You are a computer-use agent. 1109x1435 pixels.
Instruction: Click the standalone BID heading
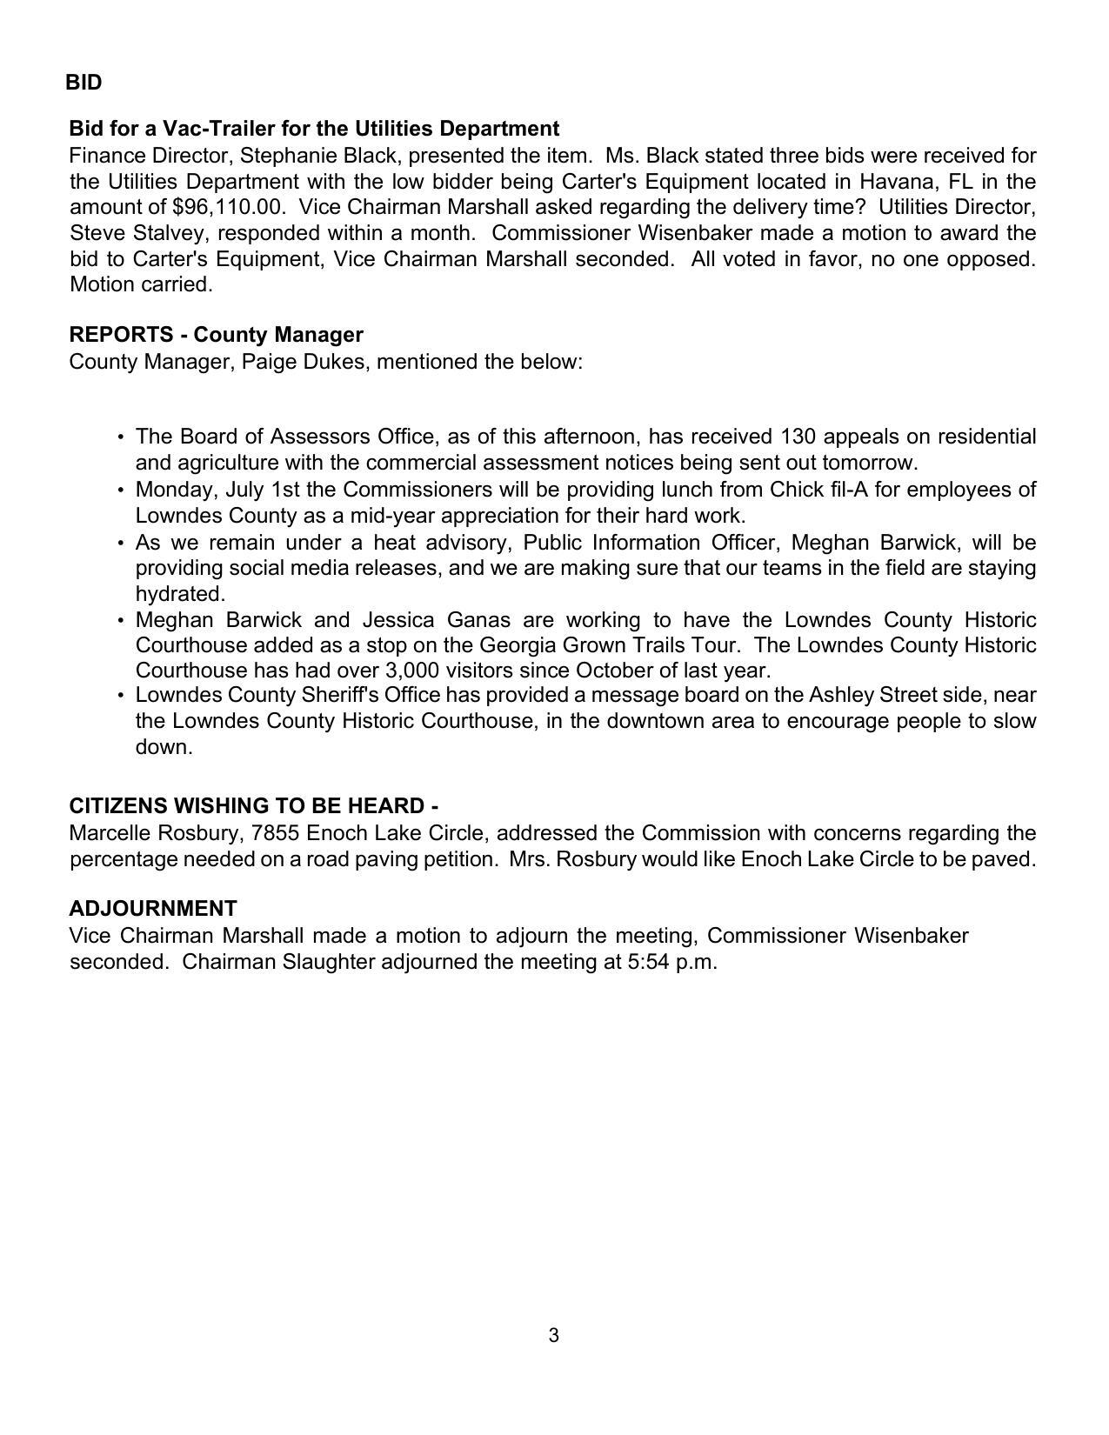(84, 83)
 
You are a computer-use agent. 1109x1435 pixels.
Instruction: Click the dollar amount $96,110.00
(229, 208)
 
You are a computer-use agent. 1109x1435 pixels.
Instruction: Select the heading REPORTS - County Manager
(216, 335)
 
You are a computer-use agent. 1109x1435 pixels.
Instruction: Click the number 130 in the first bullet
(798, 436)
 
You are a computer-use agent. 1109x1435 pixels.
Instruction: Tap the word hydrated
(180, 594)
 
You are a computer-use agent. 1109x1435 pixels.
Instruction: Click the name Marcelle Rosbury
(155, 833)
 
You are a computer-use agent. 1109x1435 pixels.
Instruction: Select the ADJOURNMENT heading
(153, 909)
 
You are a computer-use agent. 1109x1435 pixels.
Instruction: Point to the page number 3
(554, 1336)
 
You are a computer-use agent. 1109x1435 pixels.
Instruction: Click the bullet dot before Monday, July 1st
(120, 490)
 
